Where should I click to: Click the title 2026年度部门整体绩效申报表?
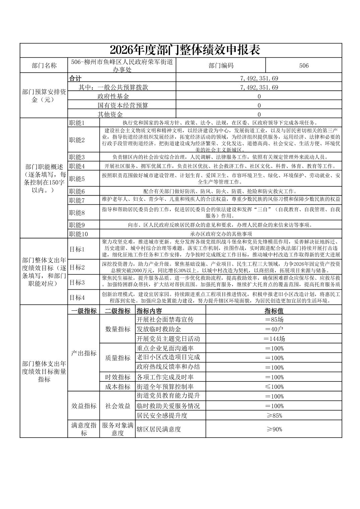point(185,50)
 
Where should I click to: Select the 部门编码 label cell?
point(221,65)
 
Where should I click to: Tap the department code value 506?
point(304,65)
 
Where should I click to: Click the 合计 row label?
point(75,78)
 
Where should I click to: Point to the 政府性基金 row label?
point(113,96)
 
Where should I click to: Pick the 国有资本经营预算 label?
point(123,105)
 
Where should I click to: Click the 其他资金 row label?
point(110,115)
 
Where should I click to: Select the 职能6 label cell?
point(77,191)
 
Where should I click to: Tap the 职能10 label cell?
point(78,234)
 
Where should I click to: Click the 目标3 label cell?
point(77,282)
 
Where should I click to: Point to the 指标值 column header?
point(274,311)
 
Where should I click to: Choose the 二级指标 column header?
point(117,311)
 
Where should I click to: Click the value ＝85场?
point(274,319)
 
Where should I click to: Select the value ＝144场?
point(274,339)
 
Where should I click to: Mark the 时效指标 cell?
point(118,377)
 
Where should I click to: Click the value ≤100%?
point(274,387)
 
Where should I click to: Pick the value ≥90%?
point(274,429)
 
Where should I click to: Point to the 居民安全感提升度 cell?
point(162,416)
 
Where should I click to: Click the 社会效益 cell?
point(118,406)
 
